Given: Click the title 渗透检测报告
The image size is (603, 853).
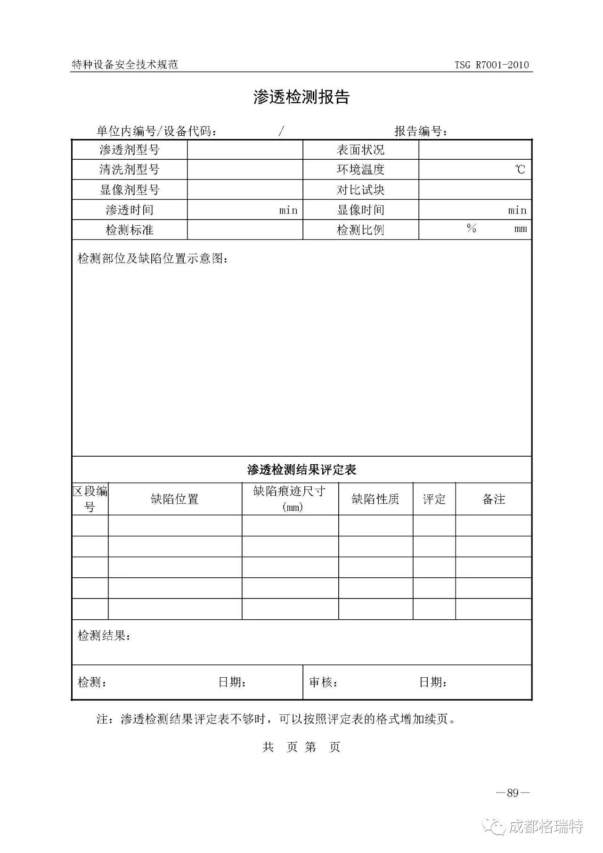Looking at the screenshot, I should tap(301, 97).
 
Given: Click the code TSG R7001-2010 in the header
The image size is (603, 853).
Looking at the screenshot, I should tap(492, 65).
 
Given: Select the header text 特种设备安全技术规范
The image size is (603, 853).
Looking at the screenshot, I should tap(125, 65).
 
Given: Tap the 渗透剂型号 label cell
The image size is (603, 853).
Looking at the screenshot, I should tap(130, 150).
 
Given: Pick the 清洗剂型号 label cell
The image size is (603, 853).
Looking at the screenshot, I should tap(130, 170).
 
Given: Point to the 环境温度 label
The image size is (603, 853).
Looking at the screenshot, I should tap(360, 170).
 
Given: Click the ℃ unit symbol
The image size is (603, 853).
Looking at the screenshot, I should tap(520, 170).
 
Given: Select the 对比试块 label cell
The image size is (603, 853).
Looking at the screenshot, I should tap(360, 190).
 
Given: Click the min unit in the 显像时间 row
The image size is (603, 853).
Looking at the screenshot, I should tap(517, 210).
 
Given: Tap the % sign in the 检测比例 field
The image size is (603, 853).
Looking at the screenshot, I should tap(472, 229).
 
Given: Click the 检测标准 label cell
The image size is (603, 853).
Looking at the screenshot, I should tap(130, 230).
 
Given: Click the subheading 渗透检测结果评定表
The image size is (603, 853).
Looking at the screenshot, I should tap(301, 469).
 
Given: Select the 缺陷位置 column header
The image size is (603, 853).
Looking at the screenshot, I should tap(175, 499).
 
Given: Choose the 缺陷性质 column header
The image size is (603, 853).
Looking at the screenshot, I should tap(375, 499).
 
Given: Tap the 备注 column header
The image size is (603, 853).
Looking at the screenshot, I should tap(494, 499).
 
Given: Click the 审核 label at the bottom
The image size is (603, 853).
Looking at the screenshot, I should tap(323, 682).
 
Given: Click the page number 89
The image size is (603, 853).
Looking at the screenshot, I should tap(513, 793).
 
